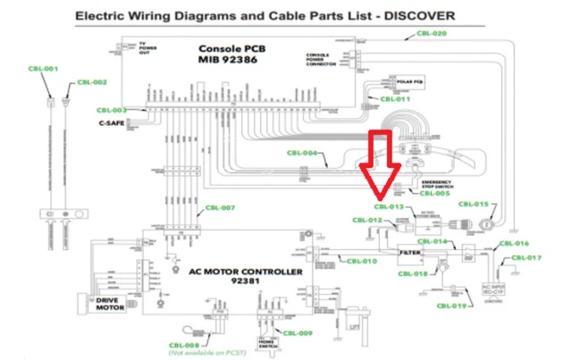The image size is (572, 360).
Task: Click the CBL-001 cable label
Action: [43, 69]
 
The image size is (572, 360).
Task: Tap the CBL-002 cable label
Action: [91, 82]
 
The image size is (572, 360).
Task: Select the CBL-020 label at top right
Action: [432, 33]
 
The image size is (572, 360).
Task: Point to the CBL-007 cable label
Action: [219, 208]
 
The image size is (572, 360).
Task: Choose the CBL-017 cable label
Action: [527, 257]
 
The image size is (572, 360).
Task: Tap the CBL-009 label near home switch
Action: [299, 333]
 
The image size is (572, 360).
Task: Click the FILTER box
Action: [410, 254]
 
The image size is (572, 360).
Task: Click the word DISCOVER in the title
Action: [416, 15]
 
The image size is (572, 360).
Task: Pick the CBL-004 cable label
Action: [302, 153]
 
